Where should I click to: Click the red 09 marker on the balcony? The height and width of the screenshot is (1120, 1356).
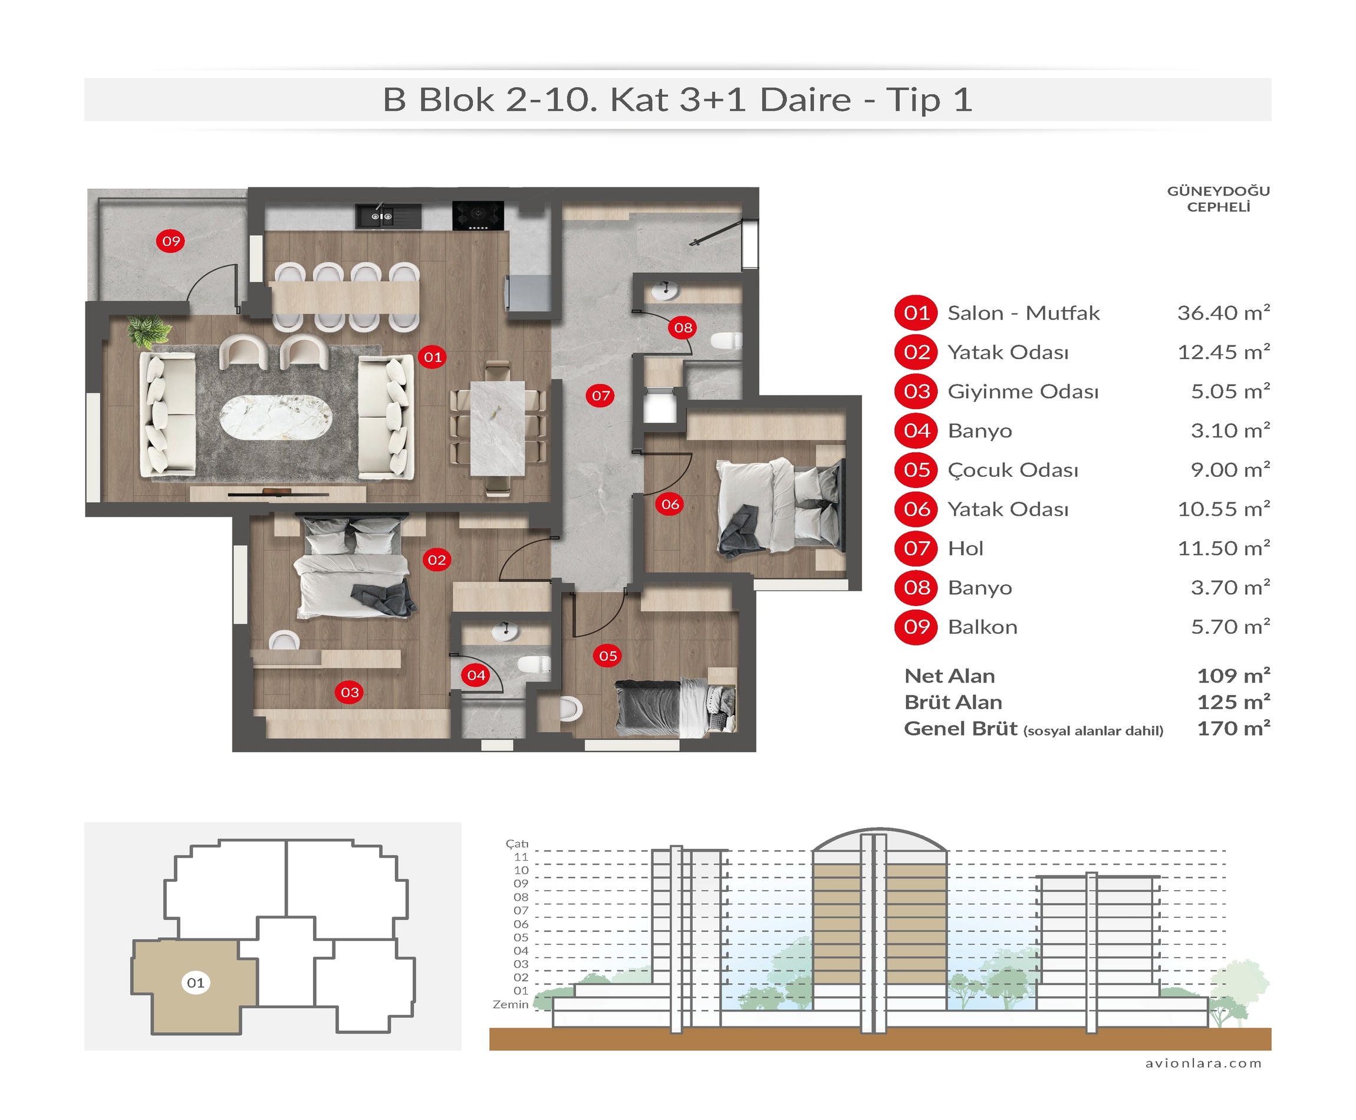[171, 241]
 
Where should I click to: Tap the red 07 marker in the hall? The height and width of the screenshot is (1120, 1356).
[601, 396]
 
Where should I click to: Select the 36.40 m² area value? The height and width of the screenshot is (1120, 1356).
[1223, 313]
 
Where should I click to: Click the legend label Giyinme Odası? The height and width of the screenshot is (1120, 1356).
[1022, 391]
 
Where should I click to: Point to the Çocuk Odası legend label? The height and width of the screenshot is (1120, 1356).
[1013, 470]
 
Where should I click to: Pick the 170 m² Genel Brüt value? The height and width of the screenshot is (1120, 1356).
[1233, 729]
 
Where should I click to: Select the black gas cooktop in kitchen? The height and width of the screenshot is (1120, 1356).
[478, 216]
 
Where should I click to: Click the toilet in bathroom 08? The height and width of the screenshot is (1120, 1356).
[726, 340]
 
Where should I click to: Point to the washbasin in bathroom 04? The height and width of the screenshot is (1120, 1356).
[505, 630]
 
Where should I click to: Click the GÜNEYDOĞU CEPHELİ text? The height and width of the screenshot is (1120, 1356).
[1218, 199]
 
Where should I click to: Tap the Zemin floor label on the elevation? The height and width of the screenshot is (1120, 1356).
[511, 1004]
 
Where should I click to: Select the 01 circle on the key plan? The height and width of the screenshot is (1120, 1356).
[196, 983]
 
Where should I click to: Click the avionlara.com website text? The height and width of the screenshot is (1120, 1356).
[1203, 1063]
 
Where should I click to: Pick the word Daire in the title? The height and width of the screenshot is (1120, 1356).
[805, 100]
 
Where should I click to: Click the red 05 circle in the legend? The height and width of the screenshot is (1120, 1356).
[916, 470]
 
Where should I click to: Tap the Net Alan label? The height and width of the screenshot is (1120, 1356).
[950, 676]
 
